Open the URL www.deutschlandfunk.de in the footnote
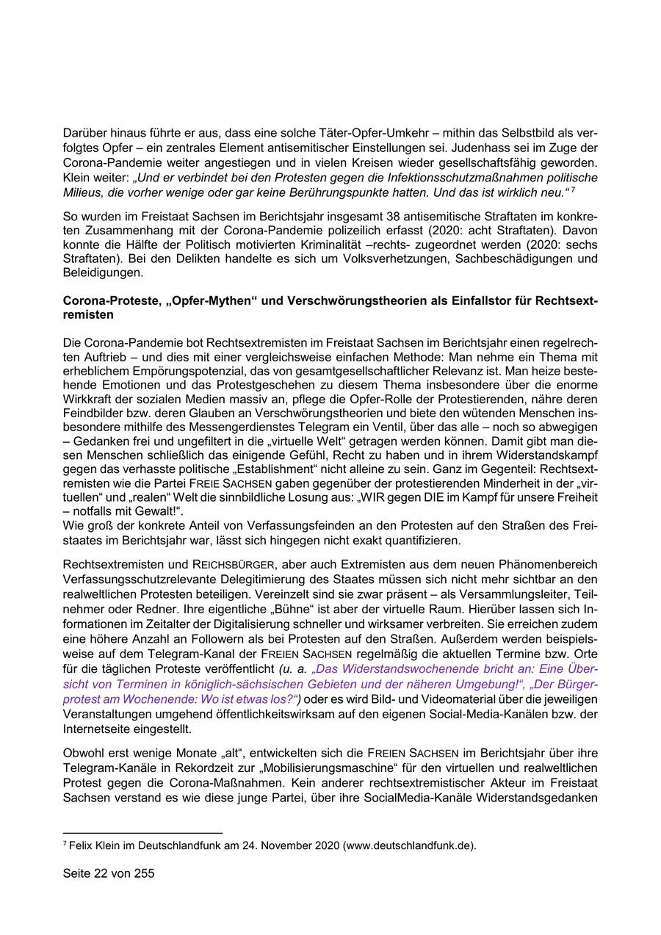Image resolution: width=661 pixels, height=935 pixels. point(408,845)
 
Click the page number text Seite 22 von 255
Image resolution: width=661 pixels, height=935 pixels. point(109,873)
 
